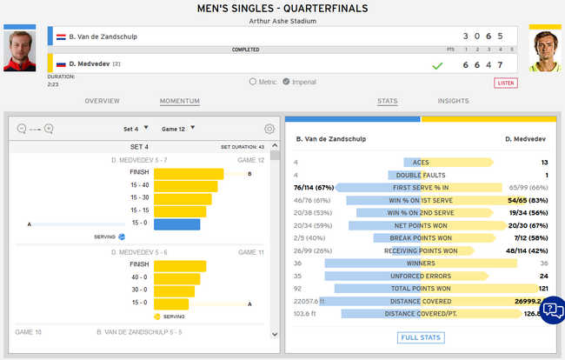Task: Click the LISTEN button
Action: point(505,83)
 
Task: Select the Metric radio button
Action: point(253,82)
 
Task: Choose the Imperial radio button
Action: point(300,82)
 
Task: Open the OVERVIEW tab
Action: point(102,102)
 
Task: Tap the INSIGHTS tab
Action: point(453,102)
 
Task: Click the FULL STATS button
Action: point(421,337)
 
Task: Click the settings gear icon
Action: point(269,129)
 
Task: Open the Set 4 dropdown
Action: point(136,129)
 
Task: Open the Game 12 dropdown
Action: point(180,129)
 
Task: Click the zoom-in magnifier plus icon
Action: point(49,129)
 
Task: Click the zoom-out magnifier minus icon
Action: point(22,129)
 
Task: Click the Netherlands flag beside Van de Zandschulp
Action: point(61,37)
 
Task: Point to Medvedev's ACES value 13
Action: point(543,163)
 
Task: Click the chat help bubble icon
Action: point(552,310)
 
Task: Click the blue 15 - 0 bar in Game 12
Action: point(177,224)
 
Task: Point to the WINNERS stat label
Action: point(421,263)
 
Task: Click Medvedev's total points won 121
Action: point(542,288)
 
